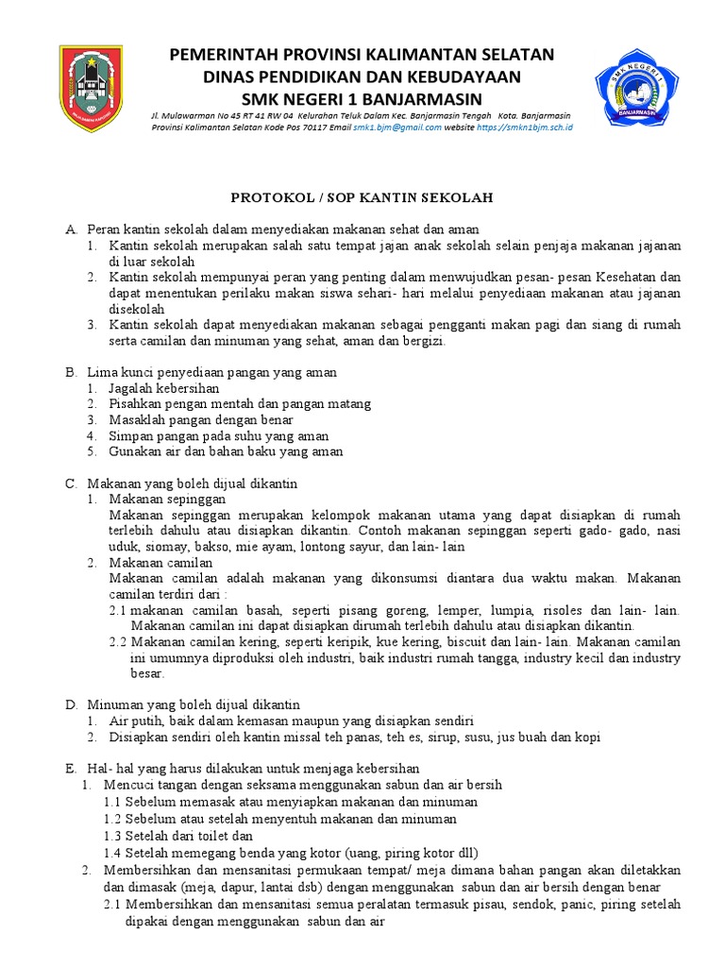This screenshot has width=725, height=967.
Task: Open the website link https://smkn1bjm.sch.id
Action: [x=525, y=126]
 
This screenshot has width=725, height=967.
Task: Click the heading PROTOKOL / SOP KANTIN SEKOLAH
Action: [x=362, y=197]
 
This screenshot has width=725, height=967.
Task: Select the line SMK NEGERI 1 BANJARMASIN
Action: [x=362, y=99]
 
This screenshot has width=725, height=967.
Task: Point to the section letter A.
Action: [x=70, y=229]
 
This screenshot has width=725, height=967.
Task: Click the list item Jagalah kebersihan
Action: [x=164, y=387]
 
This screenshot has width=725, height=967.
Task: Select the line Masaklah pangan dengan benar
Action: [x=200, y=419]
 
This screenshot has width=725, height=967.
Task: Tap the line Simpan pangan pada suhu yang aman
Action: [x=218, y=435]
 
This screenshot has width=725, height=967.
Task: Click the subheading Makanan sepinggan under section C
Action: [x=167, y=499]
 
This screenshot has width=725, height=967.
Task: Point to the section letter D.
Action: [x=70, y=704]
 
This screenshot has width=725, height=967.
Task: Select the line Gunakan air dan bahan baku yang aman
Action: [x=226, y=451]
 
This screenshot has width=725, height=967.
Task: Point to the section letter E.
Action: [x=70, y=768]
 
